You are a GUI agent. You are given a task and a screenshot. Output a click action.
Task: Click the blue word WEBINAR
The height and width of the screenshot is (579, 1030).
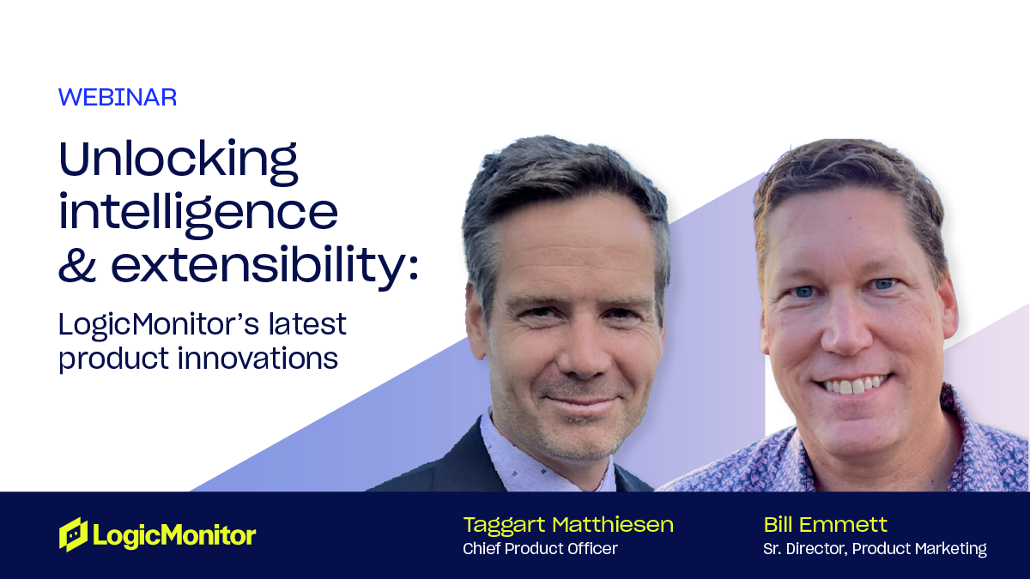pyautogui.click(x=118, y=98)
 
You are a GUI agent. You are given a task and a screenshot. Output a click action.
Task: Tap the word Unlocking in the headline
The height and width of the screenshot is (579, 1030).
pyautogui.click(x=179, y=162)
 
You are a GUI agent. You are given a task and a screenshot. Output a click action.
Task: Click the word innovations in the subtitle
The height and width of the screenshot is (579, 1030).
pyautogui.click(x=258, y=358)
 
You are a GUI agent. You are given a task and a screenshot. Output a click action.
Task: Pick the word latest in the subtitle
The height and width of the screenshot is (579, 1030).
pyautogui.click(x=307, y=324)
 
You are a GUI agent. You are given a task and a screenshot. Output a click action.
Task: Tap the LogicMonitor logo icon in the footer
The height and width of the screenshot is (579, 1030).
pyautogui.click(x=73, y=534)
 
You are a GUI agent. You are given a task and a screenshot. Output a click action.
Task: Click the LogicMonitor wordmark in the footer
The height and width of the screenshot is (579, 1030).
pyautogui.click(x=174, y=535)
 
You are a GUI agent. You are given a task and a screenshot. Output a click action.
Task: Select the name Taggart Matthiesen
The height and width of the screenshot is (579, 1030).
pyautogui.click(x=568, y=525)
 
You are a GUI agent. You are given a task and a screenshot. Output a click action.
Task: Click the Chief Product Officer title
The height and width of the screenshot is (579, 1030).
pyautogui.click(x=540, y=549)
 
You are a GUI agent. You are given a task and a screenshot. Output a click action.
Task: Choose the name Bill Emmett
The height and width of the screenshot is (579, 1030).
pyautogui.click(x=826, y=525)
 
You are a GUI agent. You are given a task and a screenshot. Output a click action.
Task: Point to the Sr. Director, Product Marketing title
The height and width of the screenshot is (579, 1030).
pyautogui.click(x=875, y=549)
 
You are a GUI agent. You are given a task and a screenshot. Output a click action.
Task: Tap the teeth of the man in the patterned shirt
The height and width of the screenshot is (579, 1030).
pyautogui.click(x=854, y=384)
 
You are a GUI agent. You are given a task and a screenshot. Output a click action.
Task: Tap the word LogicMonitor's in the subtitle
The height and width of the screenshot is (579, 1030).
pyautogui.click(x=159, y=325)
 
